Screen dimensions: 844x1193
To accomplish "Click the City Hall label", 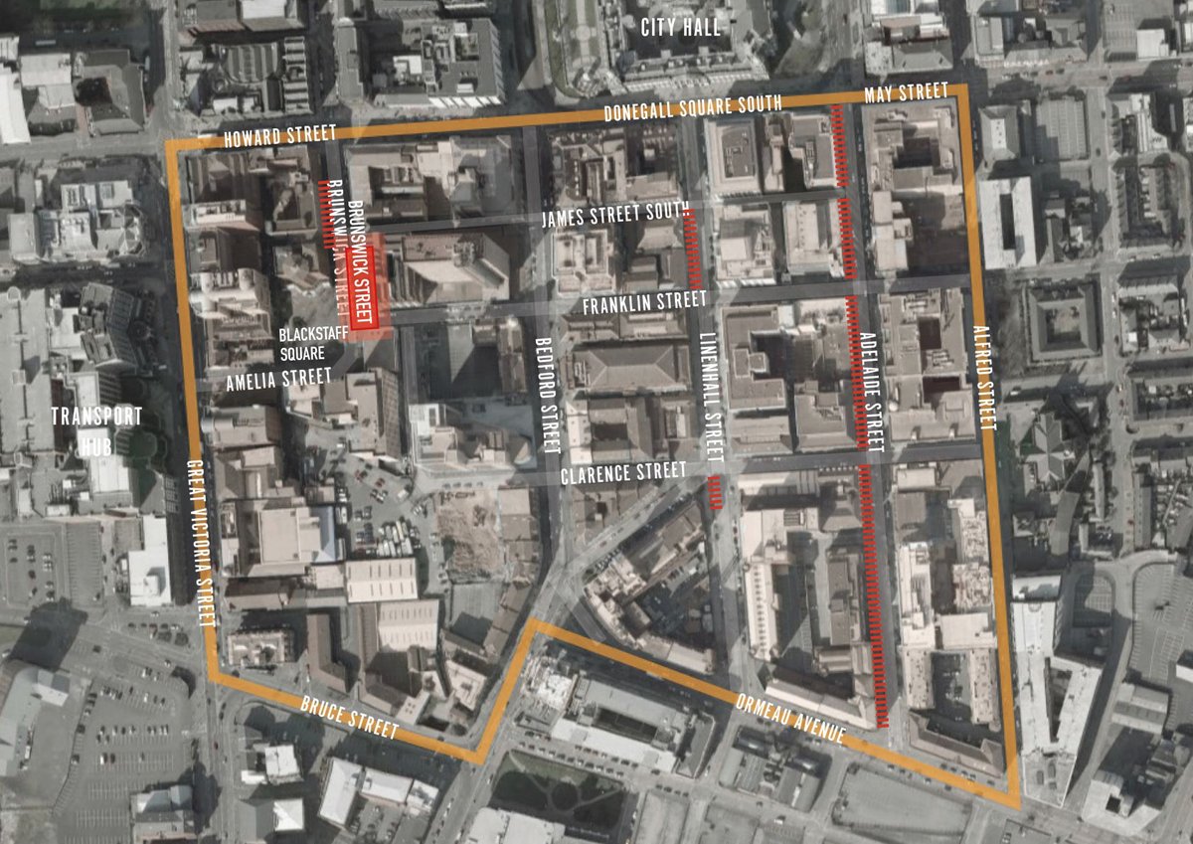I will [x=681, y=27].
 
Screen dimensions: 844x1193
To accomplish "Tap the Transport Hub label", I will [x=97, y=429].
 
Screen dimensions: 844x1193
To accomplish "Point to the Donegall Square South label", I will [x=692, y=106].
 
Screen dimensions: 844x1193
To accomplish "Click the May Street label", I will [x=906, y=92].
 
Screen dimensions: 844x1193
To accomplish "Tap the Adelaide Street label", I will [x=872, y=392].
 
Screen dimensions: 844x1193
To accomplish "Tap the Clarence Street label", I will [x=623, y=471].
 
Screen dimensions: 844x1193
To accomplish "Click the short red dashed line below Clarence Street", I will [x=716, y=492].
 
